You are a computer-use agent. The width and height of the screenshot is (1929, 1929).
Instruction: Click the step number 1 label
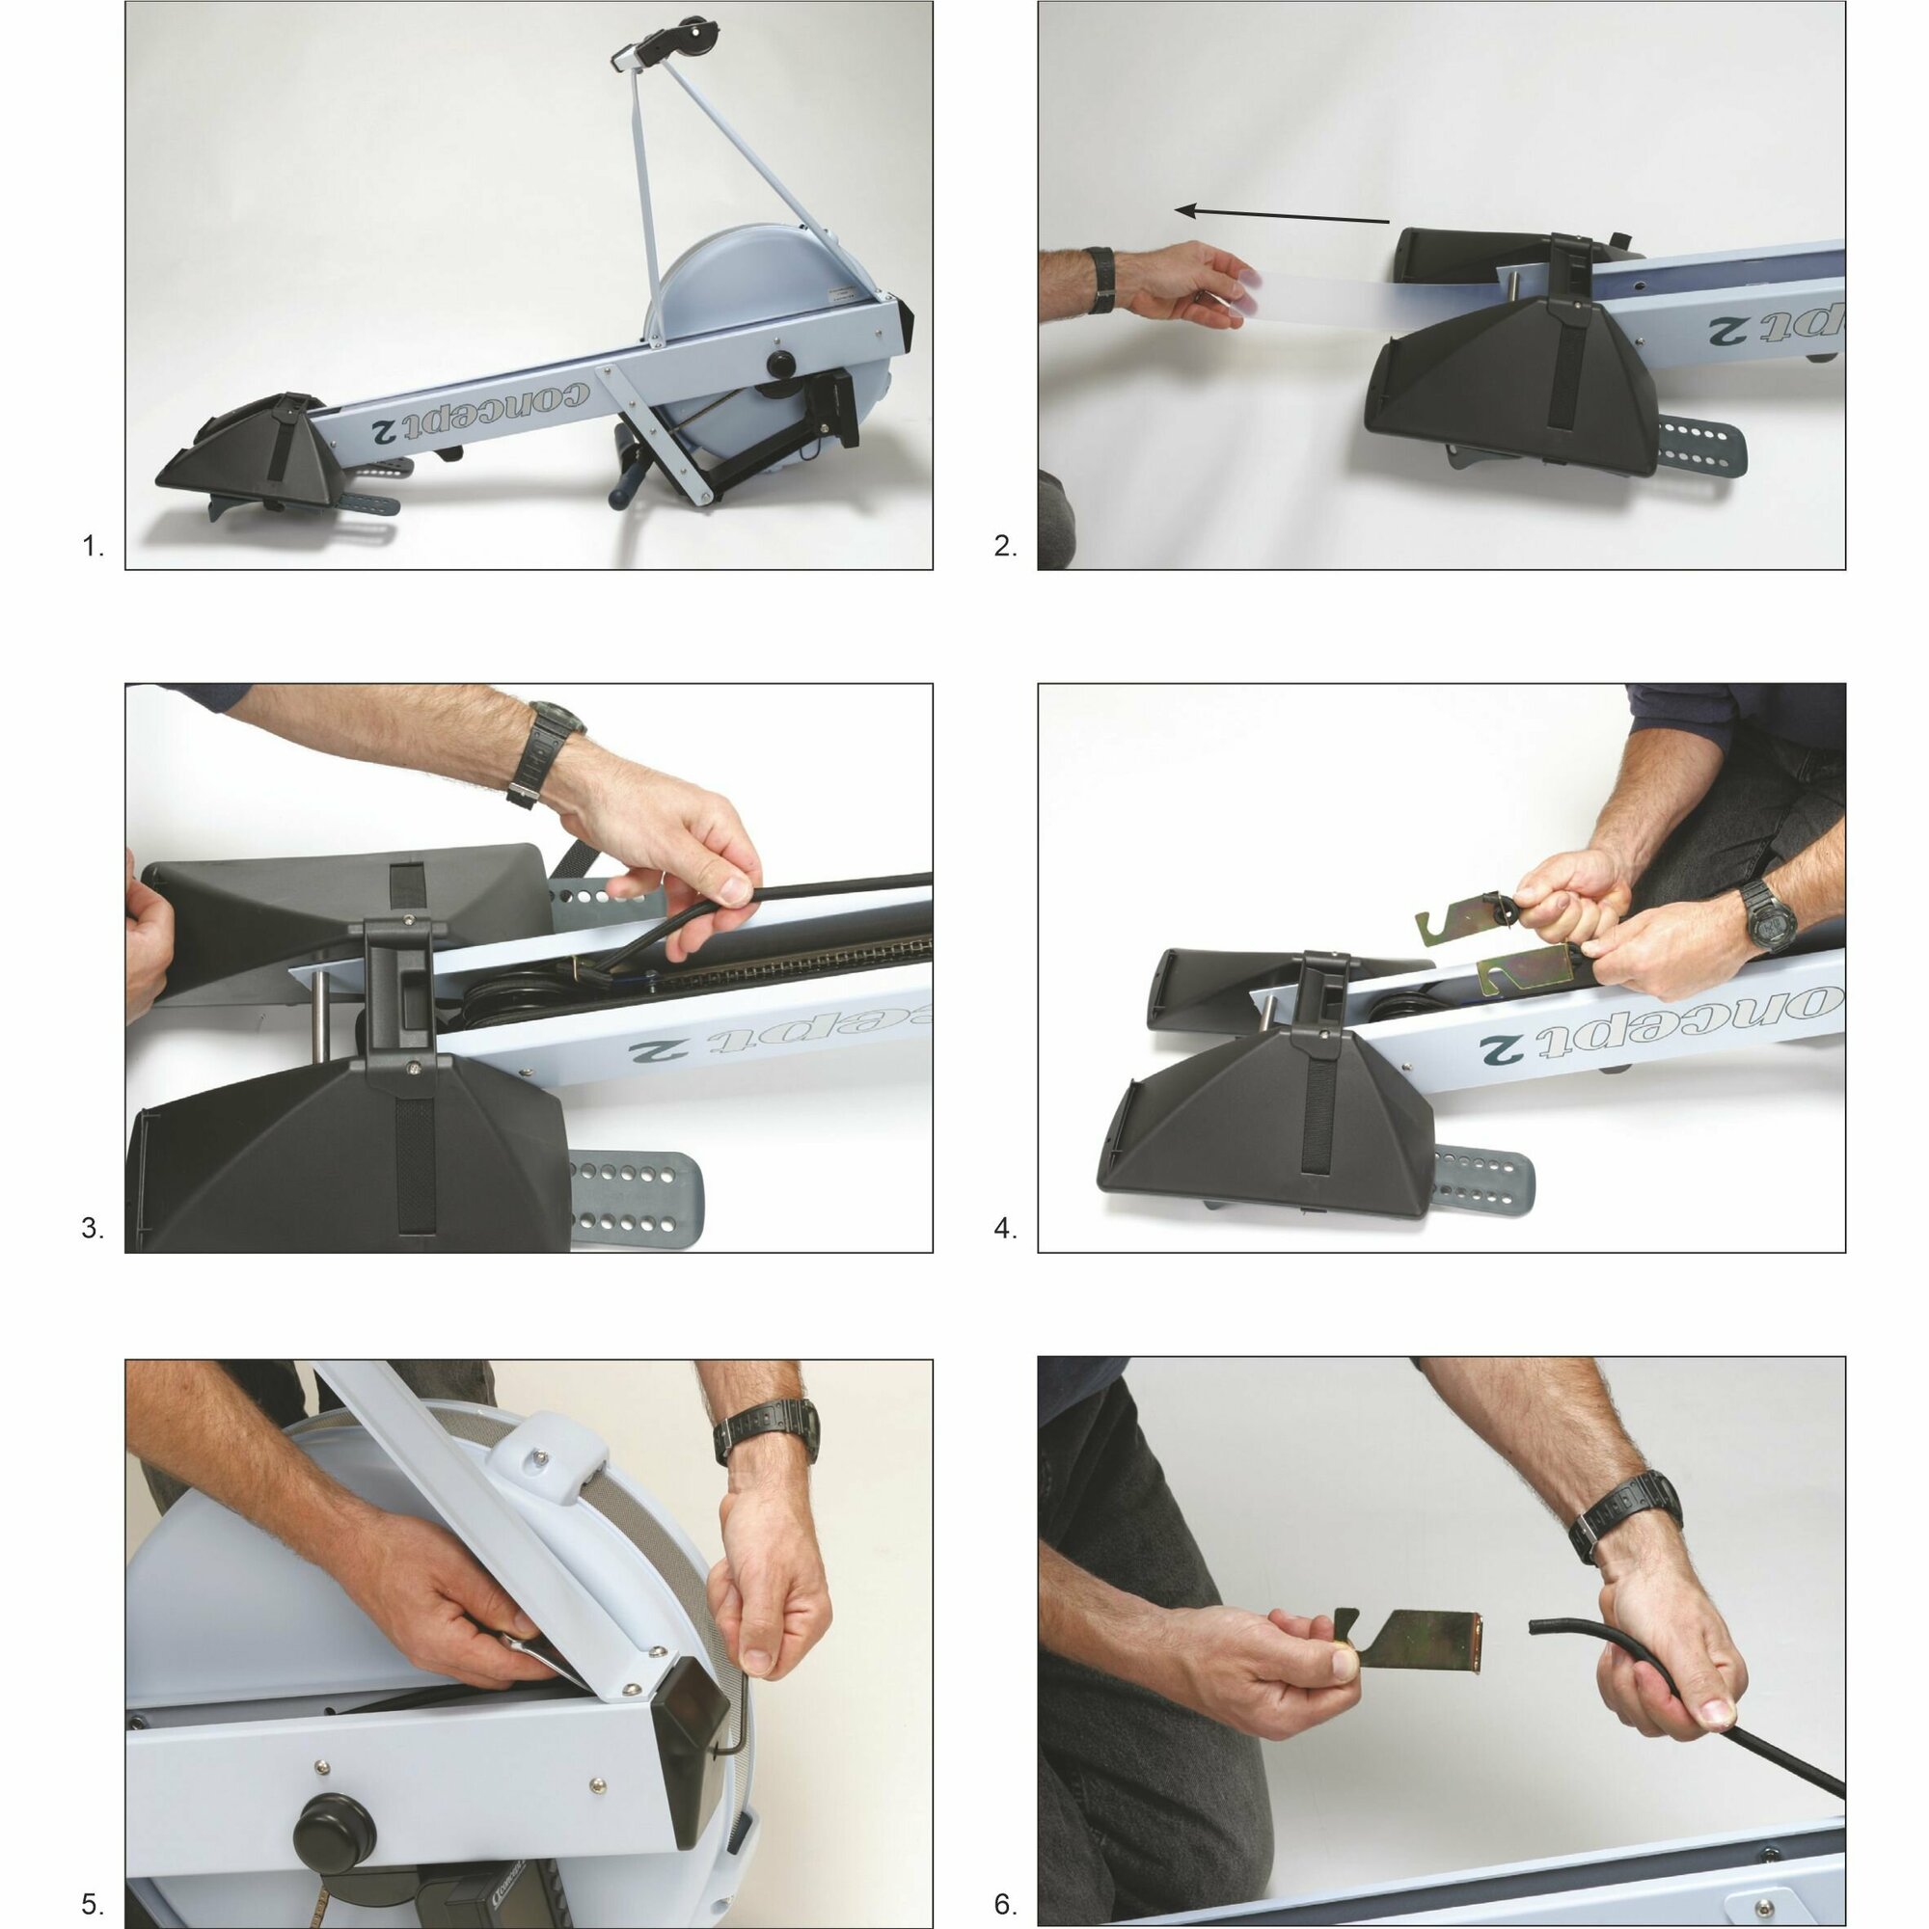click(x=92, y=546)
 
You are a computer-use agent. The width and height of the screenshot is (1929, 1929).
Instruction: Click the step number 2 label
click(x=1005, y=546)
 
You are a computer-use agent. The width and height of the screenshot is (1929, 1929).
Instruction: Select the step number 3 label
click(x=92, y=1229)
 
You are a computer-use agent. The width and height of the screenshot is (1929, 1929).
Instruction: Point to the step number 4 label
click(x=1005, y=1229)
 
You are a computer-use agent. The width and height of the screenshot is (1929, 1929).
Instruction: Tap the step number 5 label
click(x=92, y=1905)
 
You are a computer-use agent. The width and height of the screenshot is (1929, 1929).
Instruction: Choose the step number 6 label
click(x=1005, y=1905)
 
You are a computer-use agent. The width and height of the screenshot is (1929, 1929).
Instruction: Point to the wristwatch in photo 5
click(x=765, y=1430)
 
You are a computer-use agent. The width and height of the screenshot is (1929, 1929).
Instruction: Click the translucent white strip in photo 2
click(x=1378, y=297)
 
